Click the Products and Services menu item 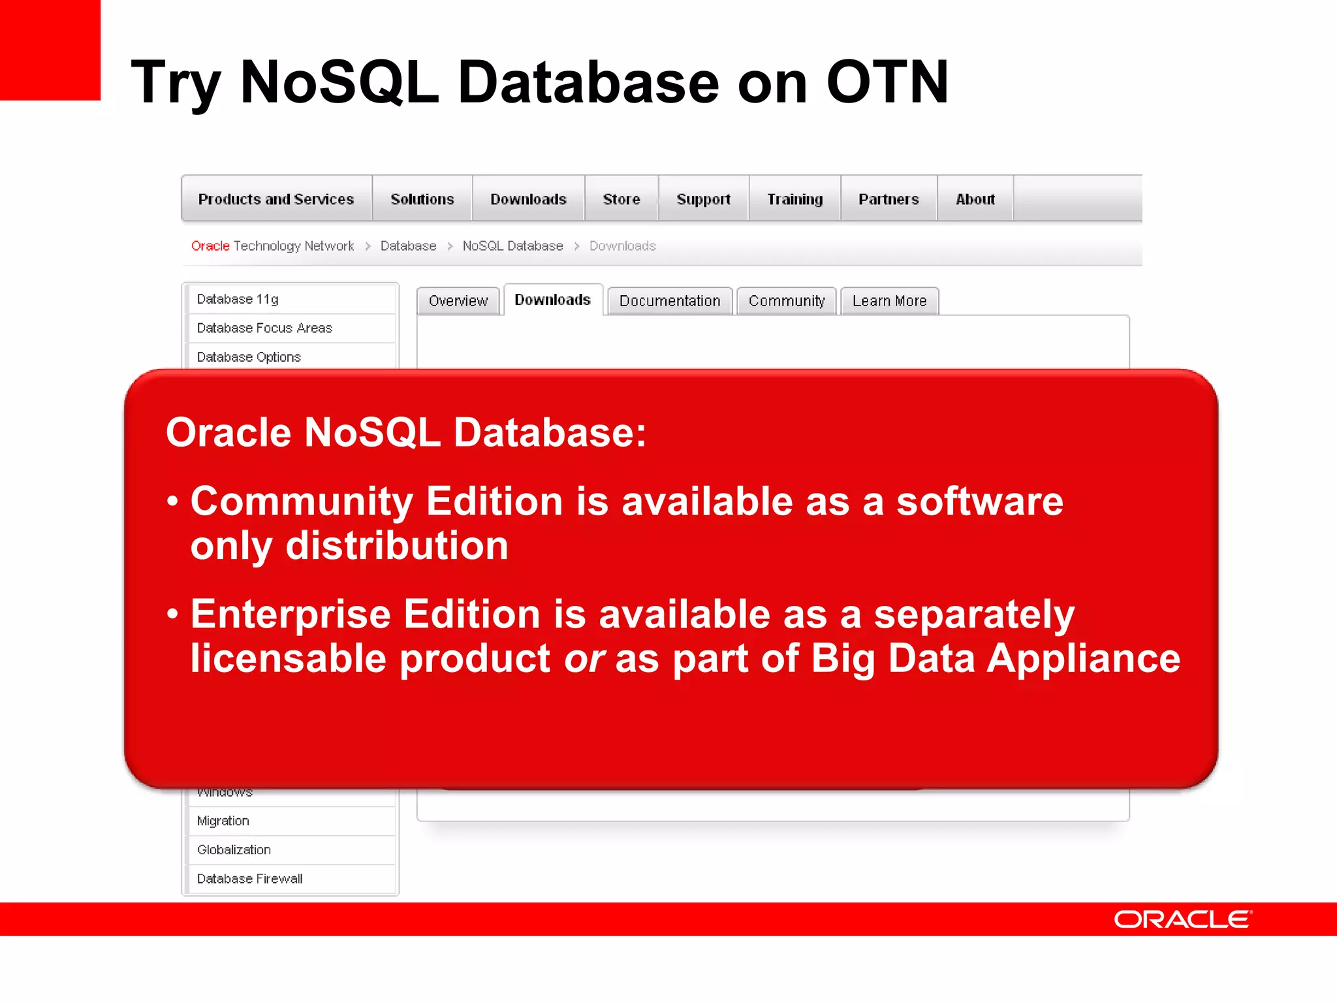pos(276,199)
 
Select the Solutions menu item pos(422,199)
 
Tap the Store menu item pos(621,199)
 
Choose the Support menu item pos(703,199)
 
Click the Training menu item pos(794,199)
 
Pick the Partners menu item pos(889,199)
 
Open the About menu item pos(975,199)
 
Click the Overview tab pos(458,301)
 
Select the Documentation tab pos(670,301)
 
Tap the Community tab pos(787,301)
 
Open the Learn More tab pos(889,301)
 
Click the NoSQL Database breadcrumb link pos(512,246)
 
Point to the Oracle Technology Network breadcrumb pos(272,246)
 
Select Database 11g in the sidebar pos(238,299)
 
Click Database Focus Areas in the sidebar pos(264,328)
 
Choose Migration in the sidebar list pos(223,821)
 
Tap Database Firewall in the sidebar pos(250,879)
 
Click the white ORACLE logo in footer pos(1182,919)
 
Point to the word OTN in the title pos(887,82)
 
